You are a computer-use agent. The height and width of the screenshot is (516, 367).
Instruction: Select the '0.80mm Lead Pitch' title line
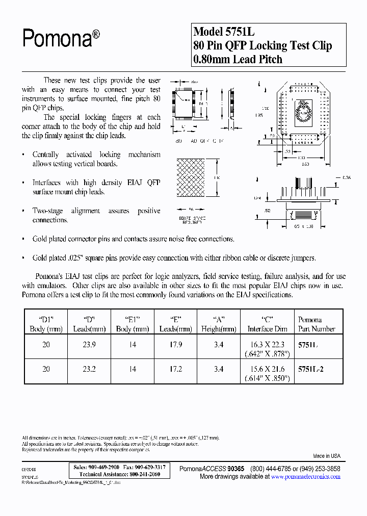[x=238, y=59]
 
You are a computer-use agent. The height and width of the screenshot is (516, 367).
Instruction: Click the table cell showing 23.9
[x=89, y=345]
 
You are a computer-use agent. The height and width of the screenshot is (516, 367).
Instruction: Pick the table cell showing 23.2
[x=89, y=369]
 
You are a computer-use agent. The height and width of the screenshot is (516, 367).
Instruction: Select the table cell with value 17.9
[x=176, y=345]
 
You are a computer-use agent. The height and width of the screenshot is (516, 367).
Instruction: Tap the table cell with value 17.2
[x=176, y=369]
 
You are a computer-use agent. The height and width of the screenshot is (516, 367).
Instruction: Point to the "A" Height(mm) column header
[x=219, y=324]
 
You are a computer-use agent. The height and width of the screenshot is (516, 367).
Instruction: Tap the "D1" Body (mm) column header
[x=46, y=324]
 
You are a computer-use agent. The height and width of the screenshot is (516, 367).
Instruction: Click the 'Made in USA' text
[x=326, y=456]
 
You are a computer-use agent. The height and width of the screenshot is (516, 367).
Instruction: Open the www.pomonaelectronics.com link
[x=305, y=477]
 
